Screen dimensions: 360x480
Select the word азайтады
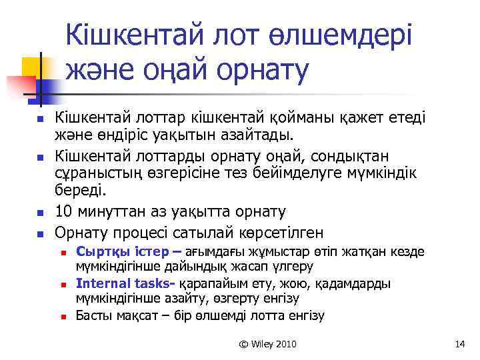coord(261,137)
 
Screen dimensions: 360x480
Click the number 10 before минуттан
coord(65,212)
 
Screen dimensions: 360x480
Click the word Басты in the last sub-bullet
coord(94,315)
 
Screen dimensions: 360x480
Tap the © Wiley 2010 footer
coord(268,344)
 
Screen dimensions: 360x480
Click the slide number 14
coord(459,344)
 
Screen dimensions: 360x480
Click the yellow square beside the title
coord(33,68)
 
